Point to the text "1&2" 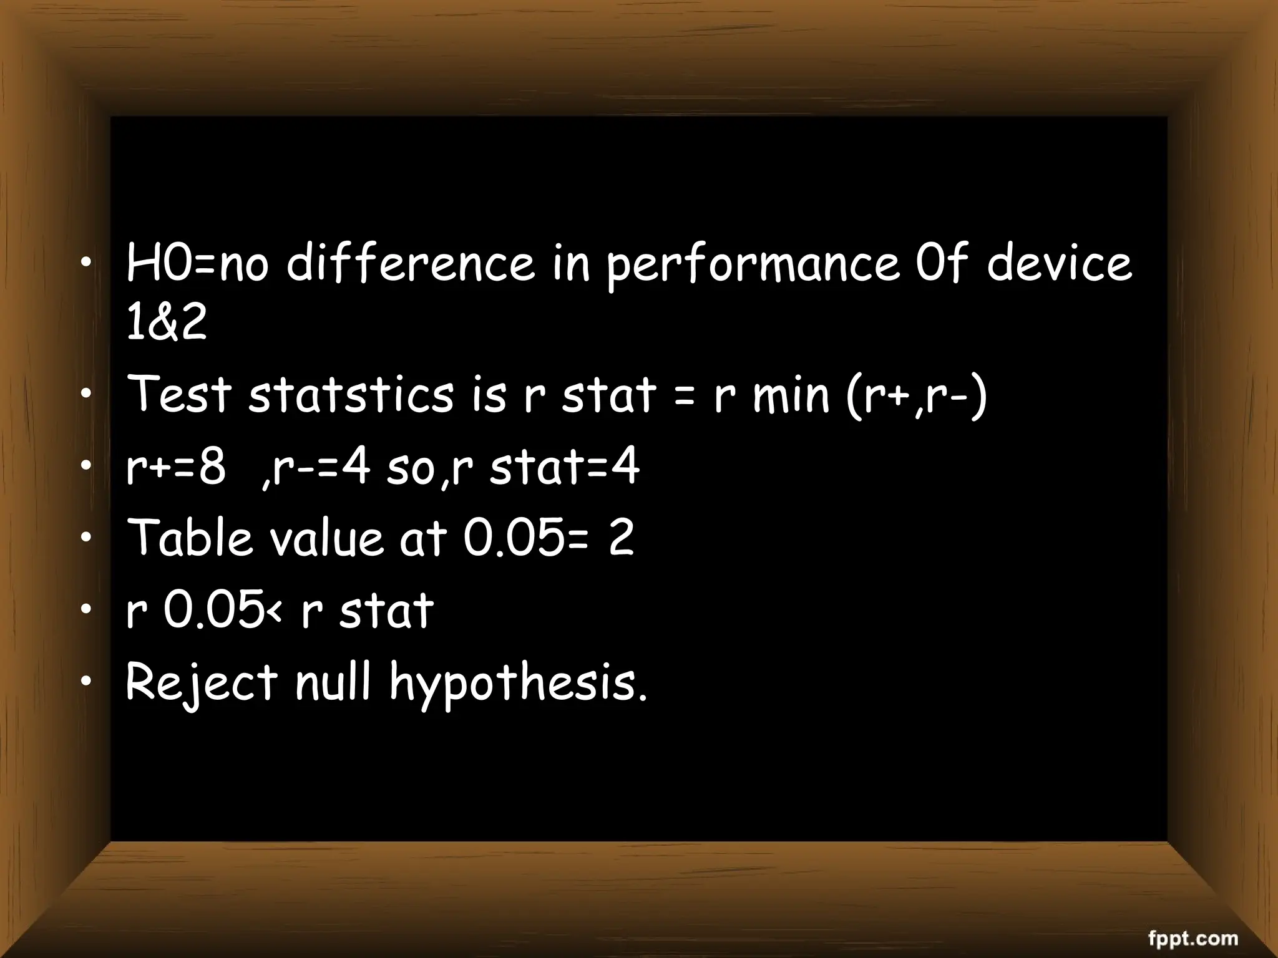[x=166, y=323]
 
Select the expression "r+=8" [x=175, y=467]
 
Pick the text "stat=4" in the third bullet [x=564, y=467]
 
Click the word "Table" [x=190, y=538]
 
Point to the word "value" [x=325, y=538]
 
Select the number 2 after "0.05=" [x=621, y=538]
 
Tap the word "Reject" [x=201, y=682]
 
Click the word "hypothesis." [x=519, y=684]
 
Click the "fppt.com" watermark [x=1193, y=938]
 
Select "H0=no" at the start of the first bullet [x=197, y=263]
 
